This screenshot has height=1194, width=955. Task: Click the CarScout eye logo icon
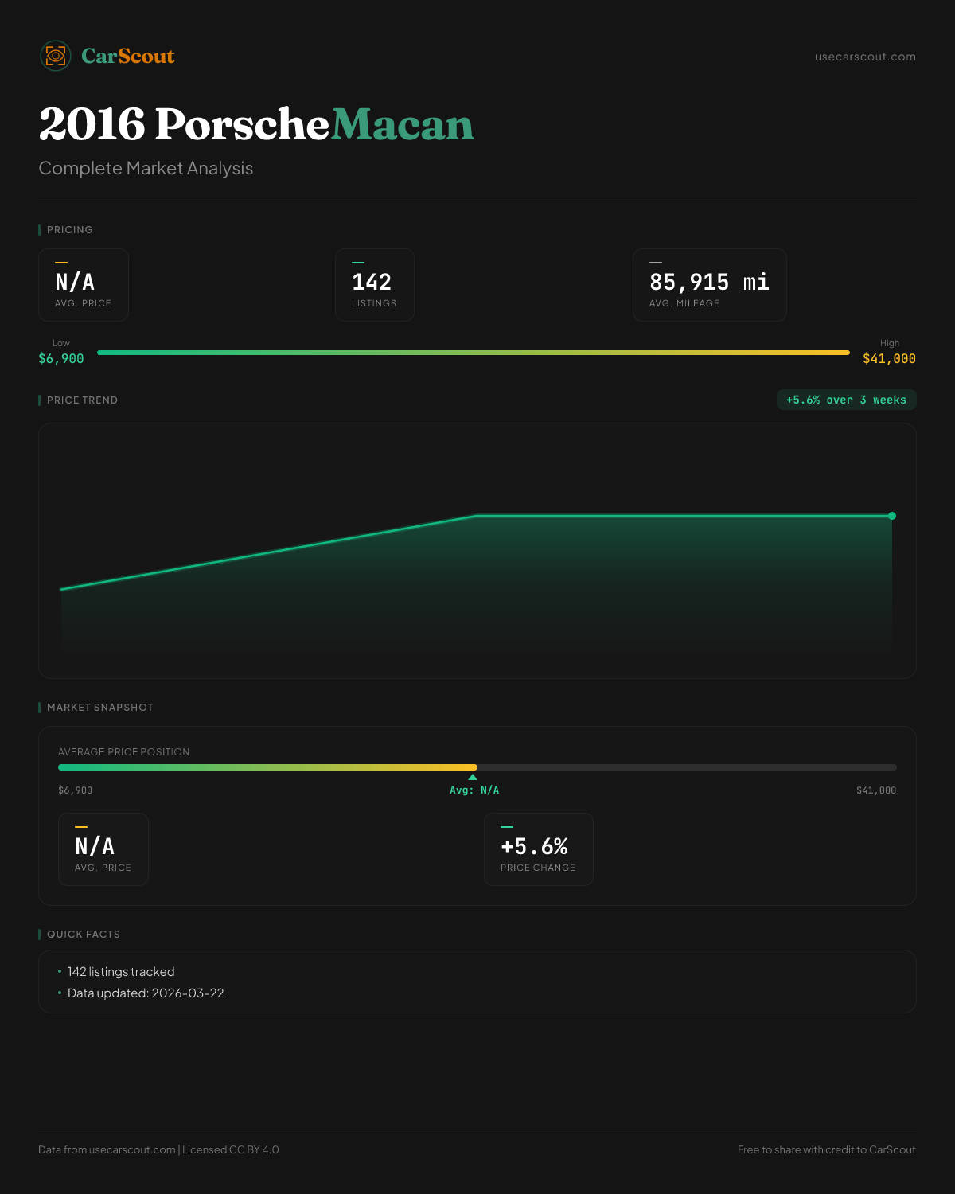[56, 56]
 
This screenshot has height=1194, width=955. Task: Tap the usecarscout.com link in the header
[865, 57]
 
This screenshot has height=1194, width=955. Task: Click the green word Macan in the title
[402, 125]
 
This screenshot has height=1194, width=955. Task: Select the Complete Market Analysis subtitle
[146, 169]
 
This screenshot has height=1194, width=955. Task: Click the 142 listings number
[372, 283]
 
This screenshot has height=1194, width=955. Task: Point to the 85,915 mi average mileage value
[708, 283]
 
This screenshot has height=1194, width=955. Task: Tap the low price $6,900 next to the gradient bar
[61, 359]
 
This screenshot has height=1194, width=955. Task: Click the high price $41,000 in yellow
[889, 359]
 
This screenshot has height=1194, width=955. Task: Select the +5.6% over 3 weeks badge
[846, 400]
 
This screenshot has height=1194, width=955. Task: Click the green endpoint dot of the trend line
[892, 516]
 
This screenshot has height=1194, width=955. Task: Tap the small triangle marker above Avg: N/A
[473, 777]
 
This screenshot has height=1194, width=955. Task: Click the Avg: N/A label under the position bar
[474, 790]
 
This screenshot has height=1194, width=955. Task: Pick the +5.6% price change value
[534, 846]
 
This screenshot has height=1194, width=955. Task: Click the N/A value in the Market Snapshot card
[95, 846]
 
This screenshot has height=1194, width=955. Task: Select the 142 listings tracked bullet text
[121, 972]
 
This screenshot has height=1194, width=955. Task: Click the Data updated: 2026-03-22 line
[146, 993]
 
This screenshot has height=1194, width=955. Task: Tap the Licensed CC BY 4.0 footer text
[231, 1149]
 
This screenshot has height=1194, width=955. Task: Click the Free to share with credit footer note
[826, 1149]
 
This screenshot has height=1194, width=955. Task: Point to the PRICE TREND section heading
[82, 400]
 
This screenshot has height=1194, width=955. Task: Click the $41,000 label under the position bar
[875, 790]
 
